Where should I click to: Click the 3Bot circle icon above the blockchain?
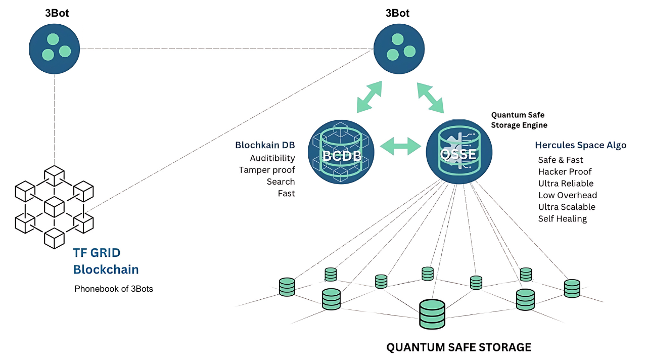coord(55,49)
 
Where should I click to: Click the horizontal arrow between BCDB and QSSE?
coord(400,147)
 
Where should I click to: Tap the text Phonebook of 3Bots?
coord(114,289)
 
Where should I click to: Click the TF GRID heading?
coord(97,253)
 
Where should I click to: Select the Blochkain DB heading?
coord(265,145)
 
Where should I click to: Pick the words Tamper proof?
coord(267,170)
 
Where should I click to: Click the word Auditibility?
coord(272,158)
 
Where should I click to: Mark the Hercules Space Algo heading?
coord(580,145)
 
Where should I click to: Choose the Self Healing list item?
coord(562,219)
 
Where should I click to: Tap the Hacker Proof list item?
coord(565,172)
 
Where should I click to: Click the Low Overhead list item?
coord(567,195)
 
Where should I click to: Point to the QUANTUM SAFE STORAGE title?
coord(458,347)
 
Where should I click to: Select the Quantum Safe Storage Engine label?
coord(519,120)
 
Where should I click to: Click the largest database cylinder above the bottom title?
coord(432,314)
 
